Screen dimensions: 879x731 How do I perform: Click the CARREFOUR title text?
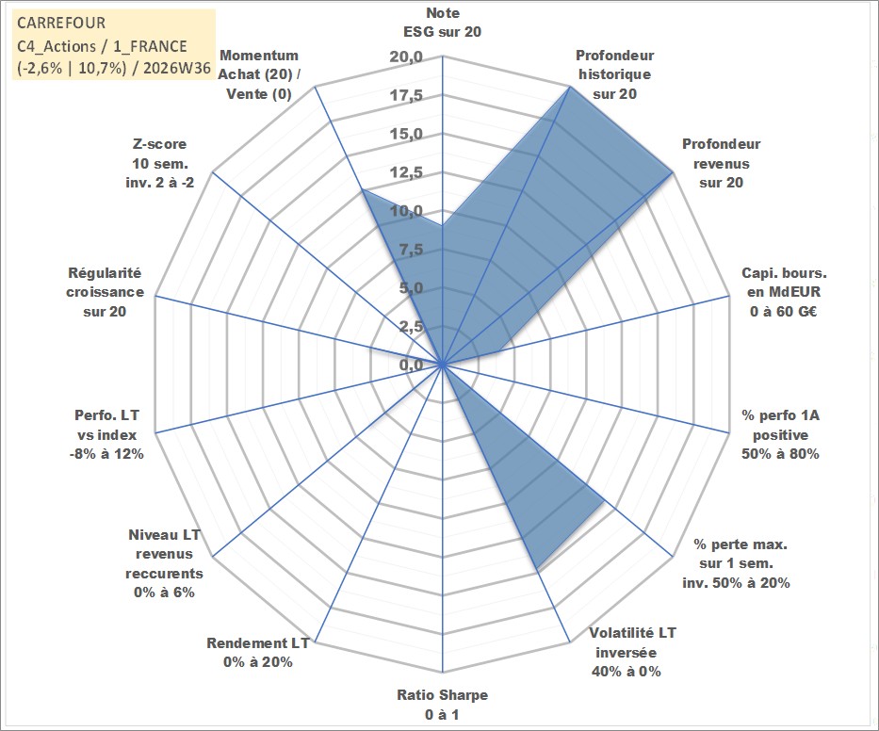[x=61, y=23]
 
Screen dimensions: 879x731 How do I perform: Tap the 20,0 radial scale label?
[x=406, y=57]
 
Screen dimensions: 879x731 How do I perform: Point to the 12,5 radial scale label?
[x=406, y=172]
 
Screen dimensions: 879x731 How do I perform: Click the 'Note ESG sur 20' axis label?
[x=442, y=23]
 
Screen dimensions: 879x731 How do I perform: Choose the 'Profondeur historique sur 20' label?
[x=615, y=74]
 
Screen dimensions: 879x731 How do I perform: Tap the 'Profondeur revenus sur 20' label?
[x=722, y=163]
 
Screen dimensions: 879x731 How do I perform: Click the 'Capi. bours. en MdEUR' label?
[x=784, y=283]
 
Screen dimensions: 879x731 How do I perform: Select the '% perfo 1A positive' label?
[x=780, y=425]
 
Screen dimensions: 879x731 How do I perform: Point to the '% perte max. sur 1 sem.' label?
[x=740, y=554]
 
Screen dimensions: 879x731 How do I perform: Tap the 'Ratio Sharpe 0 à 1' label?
[x=442, y=705]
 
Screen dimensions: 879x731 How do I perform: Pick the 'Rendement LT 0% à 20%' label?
[x=258, y=653]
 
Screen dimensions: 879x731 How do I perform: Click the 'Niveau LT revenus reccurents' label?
[x=164, y=554]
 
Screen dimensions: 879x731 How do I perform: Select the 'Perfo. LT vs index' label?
[x=106, y=425]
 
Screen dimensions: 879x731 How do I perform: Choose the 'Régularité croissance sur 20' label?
[x=105, y=292]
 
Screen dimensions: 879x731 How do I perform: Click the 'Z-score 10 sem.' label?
[x=160, y=154]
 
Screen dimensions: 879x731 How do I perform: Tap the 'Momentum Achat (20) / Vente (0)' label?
[x=258, y=74]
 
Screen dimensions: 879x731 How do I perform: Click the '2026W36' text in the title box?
[x=176, y=68]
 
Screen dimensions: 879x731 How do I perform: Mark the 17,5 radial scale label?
[x=406, y=96]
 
